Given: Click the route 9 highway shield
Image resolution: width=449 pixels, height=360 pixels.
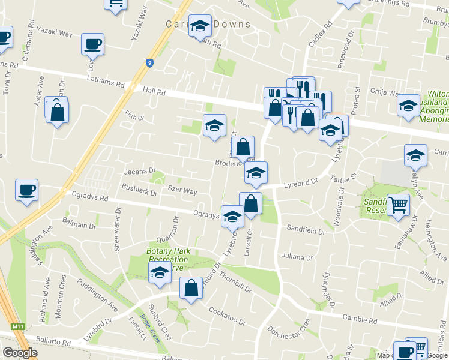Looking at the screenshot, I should tap(149, 62).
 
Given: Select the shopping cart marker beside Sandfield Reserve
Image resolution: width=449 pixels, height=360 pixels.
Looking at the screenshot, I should tap(398, 205).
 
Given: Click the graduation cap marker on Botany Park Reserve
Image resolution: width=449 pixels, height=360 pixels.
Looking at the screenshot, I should tap(160, 273).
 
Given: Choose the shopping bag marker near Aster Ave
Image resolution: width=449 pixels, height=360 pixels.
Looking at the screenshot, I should tap(57, 112).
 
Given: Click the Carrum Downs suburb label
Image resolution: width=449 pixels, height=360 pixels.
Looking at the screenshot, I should tap(208, 25).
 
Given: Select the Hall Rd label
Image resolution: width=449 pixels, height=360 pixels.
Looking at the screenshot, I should tap(154, 91).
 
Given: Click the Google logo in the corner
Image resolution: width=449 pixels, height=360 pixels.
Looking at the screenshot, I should tap(20, 352).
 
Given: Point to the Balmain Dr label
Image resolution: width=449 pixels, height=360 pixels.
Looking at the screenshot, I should tap(79, 225).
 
